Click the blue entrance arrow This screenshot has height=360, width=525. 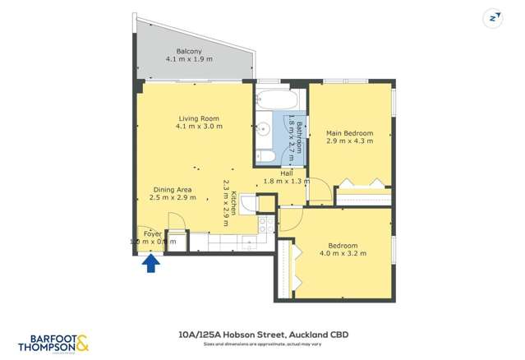tap(151, 263)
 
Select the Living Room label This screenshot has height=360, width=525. tap(197, 118)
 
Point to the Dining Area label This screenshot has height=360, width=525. tap(172, 190)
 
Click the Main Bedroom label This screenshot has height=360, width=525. tap(349, 133)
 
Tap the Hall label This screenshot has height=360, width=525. tap(286, 173)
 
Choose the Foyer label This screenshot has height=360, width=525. tap(153, 234)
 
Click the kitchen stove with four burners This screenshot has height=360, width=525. tap(265, 224)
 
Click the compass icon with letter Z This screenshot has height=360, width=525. tap(492, 17)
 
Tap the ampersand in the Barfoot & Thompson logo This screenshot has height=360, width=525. tap(82, 340)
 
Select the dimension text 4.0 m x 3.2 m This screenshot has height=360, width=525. tap(343, 254)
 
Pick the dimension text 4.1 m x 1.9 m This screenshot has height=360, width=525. tap(188, 60)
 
